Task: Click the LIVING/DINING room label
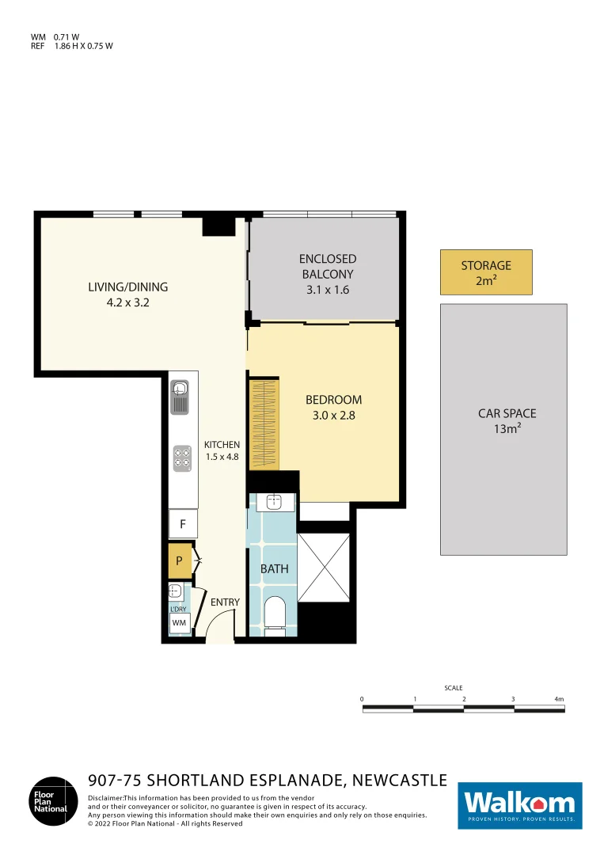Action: [x=127, y=287]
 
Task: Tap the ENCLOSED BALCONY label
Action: [x=328, y=266]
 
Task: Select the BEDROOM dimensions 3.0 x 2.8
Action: [x=333, y=413]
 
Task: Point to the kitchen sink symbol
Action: [x=180, y=395]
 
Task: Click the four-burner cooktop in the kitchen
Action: [x=182, y=457]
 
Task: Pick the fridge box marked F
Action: [x=183, y=523]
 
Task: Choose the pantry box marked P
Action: [x=180, y=561]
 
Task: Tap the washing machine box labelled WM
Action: [x=179, y=623]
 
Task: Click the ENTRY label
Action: [x=225, y=602]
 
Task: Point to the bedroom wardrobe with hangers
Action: [x=264, y=424]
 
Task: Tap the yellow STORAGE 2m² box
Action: [x=486, y=272]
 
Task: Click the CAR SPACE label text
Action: [x=507, y=413]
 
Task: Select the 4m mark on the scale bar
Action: [x=559, y=699]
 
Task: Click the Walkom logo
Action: [x=520, y=806]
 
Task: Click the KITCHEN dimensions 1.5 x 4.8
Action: [x=222, y=457]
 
